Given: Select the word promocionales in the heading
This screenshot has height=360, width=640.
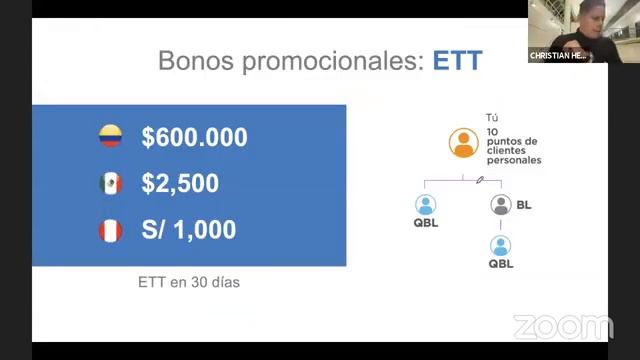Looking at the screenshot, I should point(333,61).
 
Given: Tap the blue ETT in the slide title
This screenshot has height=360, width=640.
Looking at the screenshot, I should point(457,61).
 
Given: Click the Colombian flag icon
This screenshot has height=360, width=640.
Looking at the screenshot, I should point(110,137).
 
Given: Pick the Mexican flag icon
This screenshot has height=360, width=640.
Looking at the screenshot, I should point(110,184).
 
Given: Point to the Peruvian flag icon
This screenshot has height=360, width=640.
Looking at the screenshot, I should point(110,231).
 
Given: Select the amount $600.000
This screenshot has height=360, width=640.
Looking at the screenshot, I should point(194,138).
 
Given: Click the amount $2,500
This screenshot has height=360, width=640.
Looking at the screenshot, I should point(180,184).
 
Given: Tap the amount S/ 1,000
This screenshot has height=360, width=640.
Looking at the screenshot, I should point(189,230).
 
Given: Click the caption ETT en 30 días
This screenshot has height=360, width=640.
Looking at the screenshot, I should point(189,282).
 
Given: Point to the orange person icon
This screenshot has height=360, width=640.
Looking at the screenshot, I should point(462,144).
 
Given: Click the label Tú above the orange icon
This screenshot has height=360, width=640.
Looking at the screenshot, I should point(491,117).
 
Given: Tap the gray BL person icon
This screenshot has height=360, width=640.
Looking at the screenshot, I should point(501,205).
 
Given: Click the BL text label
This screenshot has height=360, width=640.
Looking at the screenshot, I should point(524,205).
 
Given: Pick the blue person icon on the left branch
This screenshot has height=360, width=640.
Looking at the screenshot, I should point(426,205).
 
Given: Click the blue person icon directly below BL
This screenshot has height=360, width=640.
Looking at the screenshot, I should point(501,246).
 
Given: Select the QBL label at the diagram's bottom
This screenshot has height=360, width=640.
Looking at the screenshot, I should point(501,264).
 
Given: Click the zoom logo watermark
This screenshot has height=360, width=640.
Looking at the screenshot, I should point(562,327).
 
